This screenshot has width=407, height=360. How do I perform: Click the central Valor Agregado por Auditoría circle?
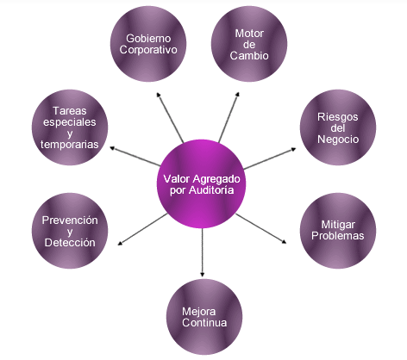(203, 183)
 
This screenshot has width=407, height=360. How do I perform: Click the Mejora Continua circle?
(204, 318)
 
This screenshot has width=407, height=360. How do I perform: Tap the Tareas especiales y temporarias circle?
(70, 127)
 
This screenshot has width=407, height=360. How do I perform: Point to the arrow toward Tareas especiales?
(137, 155)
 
